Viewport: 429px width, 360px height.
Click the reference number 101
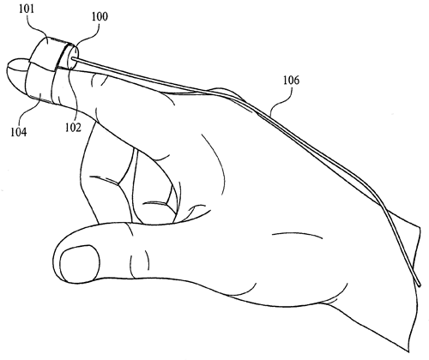click(27, 9)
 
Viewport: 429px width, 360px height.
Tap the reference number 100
click(100, 16)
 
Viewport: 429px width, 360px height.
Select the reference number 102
click(73, 128)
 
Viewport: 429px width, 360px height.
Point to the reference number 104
click(19, 132)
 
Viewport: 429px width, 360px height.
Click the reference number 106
click(292, 81)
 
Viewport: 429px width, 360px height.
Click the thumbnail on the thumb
click(80, 262)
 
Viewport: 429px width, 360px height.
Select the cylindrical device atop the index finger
click(54, 53)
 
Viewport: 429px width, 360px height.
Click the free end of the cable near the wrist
click(420, 285)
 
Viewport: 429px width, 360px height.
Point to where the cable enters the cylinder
click(72, 58)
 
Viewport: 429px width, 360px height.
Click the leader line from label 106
click(281, 100)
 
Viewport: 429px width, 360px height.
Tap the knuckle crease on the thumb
click(139, 261)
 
